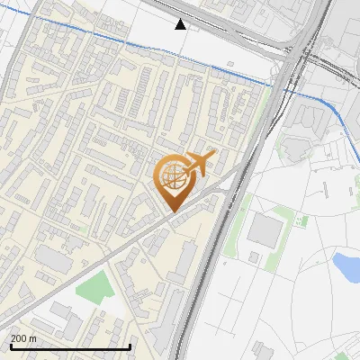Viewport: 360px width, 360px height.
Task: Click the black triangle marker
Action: (181, 24)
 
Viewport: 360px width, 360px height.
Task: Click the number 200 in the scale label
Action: (19, 338)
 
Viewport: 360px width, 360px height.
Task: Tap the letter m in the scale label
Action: (33, 338)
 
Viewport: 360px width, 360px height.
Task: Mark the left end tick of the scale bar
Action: (10, 346)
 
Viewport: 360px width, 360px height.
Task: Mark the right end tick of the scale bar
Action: (130, 346)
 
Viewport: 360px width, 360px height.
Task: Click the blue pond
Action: (346, 265)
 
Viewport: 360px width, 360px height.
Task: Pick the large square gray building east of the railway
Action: (264, 231)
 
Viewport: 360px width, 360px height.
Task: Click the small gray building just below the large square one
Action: (255, 258)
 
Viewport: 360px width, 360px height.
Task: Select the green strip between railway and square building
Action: (236, 225)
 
